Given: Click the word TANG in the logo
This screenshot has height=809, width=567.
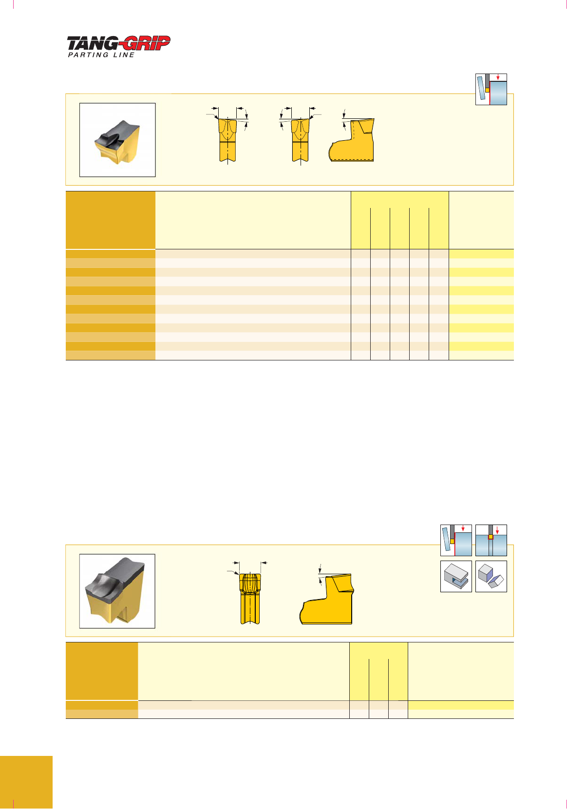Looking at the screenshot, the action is pyautogui.click(x=92, y=44).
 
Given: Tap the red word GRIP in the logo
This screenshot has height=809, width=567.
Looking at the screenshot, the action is pyautogui.click(x=145, y=43).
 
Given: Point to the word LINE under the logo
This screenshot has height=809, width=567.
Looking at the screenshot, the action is pyautogui.click(x=124, y=55).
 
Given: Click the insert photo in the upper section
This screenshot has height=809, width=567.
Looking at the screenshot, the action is pyautogui.click(x=117, y=140).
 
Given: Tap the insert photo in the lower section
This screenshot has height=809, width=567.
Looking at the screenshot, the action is pyautogui.click(x=117, y=591).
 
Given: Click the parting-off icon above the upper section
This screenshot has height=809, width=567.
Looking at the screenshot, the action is pyautogui.click(x=491, y=89).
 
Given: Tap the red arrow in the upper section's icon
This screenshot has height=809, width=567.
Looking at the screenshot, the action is pyautogui.click(x=498, y=77).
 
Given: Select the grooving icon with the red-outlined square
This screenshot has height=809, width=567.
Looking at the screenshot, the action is pyautogui.click(x=491, y=540).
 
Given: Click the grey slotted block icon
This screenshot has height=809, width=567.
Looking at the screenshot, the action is pyautogui.click(x=456, y=576).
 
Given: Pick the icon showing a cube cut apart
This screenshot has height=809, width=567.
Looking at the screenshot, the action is pyautogui.click(x=491, y=576).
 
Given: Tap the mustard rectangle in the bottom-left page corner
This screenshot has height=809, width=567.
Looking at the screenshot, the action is pyautogui.click(x=26, y=782).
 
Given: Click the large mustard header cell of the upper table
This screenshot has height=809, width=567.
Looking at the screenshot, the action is pyautogui.click(x=111, y=220).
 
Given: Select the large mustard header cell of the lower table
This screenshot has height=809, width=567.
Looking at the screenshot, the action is pyautogui.click(x=102, y=671).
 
